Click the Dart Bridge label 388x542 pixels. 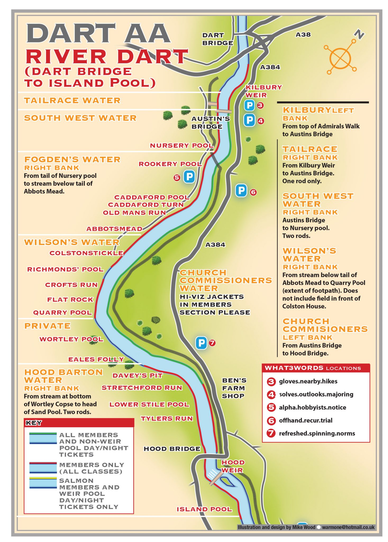point(217,39)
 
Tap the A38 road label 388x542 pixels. point(303,35)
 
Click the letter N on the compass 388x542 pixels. point(359,34)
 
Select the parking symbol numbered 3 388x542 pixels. point(249,105)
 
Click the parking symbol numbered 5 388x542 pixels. point(189,177)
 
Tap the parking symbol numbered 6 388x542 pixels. point(241,191)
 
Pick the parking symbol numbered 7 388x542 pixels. point(201,343)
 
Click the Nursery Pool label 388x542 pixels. point(181,146)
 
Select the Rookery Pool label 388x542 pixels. point(170,164)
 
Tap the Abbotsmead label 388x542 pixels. point(114,229)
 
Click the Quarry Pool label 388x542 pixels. point(62,313)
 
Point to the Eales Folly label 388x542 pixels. point(96,359)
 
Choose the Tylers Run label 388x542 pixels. point(167,419)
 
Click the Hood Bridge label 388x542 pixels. point(172,449)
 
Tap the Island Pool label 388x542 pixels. point(204,509)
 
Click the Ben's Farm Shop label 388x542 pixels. point(234,388)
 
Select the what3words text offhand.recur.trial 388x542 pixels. point(305,421)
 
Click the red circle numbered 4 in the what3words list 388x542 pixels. point(271,395)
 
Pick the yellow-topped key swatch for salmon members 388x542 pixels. point(43,483)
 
